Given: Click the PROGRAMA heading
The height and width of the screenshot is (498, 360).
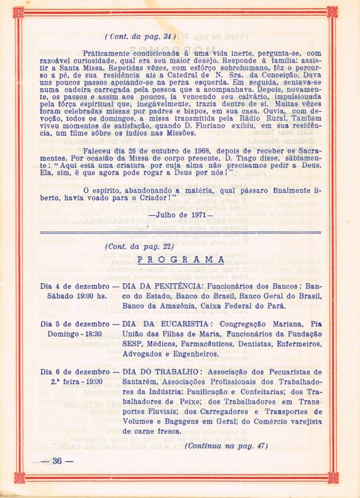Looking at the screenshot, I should (x=180, y=259).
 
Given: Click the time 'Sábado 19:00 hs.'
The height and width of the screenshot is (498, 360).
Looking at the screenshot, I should (x=73, y=295).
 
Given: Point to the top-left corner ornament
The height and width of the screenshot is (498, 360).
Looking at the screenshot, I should (x=18, y=11).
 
